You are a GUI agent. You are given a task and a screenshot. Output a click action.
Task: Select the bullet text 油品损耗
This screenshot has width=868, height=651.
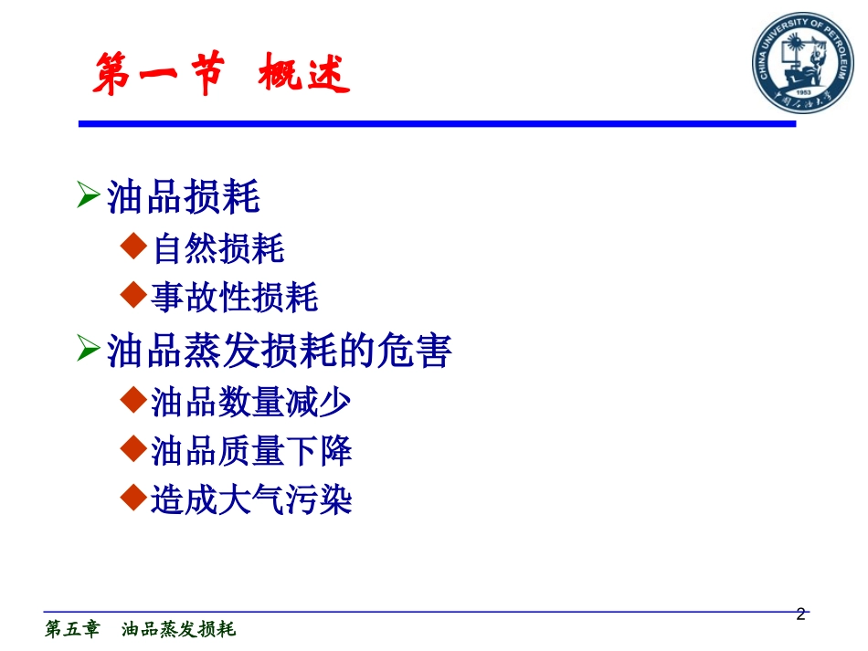pyautogui.click(x=184, y=196)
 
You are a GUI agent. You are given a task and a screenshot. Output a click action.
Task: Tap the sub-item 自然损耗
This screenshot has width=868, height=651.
pyautogui.click(x=218, y=248)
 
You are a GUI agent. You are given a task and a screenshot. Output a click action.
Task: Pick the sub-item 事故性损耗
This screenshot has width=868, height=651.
pyautogui.click(x=235, y=298)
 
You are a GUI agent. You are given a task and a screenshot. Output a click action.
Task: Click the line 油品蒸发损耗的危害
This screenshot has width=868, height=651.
pyautogui.click(x=280, y=351)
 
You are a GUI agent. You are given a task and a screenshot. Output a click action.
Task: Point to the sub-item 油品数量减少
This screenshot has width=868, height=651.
pyautogui.click(x=251, y=402)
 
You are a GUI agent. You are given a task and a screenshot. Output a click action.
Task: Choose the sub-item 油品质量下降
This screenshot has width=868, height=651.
pyautogui.click(x=251, y=451)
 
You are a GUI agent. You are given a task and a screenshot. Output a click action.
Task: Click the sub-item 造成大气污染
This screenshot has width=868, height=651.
pyautogui.click(x=251, y=500)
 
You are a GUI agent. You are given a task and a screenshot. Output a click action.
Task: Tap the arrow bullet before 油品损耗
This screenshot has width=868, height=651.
pyautogui.click(x=88, y=194)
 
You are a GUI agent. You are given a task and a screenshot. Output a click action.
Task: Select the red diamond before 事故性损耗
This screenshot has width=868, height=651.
pyautogui.click(x=133, y=295)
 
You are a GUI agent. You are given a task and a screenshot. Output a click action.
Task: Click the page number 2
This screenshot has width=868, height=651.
pyautogui.click(x=801, y=614)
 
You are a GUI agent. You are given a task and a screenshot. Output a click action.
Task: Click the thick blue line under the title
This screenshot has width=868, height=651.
pyautogui.click(x=437, y=122)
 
